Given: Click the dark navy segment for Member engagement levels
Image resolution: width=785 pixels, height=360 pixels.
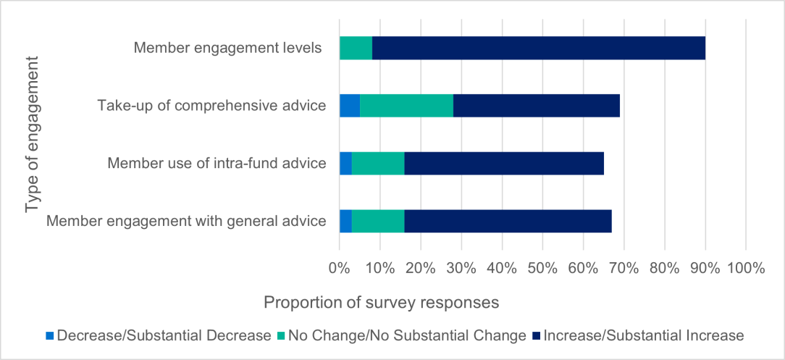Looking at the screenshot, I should tap(538, 49).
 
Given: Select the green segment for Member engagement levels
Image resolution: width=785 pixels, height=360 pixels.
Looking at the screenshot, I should tap(356, 49).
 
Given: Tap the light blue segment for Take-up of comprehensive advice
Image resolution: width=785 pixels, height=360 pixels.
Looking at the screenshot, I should tap(350, 106).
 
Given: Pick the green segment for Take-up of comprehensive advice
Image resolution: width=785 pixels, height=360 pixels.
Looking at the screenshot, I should tap(406, 106).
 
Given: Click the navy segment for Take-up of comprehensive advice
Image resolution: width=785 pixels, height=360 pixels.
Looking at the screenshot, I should tap(537, 106).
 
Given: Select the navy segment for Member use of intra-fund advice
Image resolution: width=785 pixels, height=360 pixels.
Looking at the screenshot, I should tap(504, 163).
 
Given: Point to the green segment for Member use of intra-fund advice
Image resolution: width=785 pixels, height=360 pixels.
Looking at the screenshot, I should tap(378, 163).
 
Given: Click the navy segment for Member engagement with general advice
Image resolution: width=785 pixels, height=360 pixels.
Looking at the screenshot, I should tap(508, 221).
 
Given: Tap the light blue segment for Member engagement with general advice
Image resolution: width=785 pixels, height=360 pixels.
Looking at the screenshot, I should tap(345, 221).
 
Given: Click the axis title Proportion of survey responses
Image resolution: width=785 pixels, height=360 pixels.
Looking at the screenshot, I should tap(381, 303).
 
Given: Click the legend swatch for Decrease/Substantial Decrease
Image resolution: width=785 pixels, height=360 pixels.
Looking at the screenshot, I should tap(50, 336).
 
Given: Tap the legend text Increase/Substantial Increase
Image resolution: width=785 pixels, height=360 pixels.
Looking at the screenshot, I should tap(643, 335).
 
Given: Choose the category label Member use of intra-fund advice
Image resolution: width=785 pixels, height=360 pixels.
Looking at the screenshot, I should tap(217, 163).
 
